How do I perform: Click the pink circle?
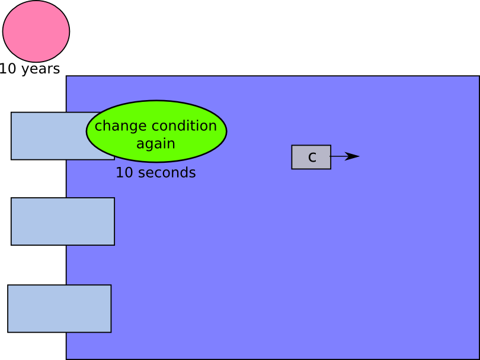[36, 31]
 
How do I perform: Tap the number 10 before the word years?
[8, 69]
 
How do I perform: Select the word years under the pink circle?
[40, 69]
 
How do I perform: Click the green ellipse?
[156, 131]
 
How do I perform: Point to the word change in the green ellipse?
[121, 126]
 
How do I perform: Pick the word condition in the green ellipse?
[184, 126]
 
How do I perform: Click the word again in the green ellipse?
[156, 144]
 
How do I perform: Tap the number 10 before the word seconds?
[124, 172]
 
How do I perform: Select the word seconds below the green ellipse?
[167, 172]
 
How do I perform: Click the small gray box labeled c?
[311, 157]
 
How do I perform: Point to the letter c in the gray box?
[312, 157]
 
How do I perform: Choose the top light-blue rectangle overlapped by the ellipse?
[49, 136]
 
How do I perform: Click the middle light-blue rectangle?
[63, 221]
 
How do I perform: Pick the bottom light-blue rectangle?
[59, 308]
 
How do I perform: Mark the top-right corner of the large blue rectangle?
[479, 76]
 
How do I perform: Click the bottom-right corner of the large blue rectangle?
[479, 359]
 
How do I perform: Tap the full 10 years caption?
[30, 69]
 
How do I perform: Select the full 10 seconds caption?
[156, 172]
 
